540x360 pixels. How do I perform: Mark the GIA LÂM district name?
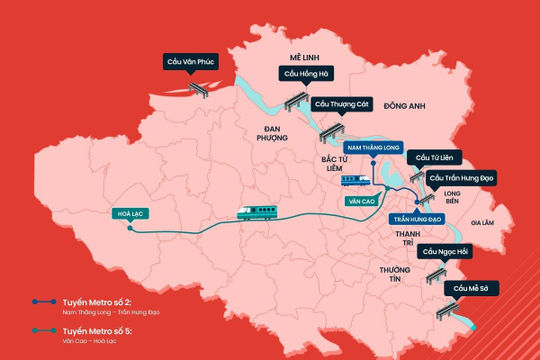click(483, 223)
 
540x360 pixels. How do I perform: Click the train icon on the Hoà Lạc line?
click(257, 211)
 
